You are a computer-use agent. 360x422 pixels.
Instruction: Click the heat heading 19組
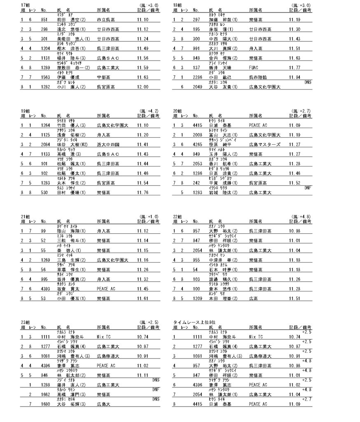[25, 111]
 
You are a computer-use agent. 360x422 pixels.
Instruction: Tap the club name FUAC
[254, 68]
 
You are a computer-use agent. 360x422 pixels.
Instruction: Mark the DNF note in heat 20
[307, 187]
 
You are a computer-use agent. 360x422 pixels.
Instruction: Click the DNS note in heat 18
[307, 82]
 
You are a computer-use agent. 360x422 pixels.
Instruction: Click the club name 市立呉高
[105, 19]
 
